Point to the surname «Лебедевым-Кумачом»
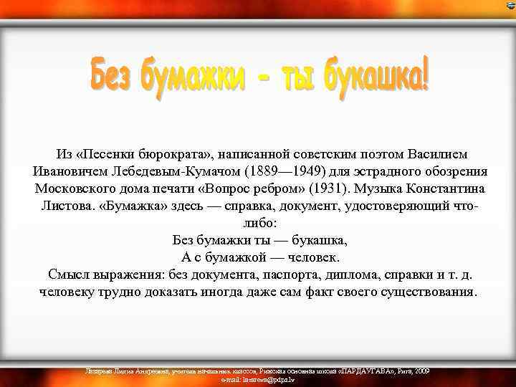(x=176, y=172)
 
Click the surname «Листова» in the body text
(x=68, y=206)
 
